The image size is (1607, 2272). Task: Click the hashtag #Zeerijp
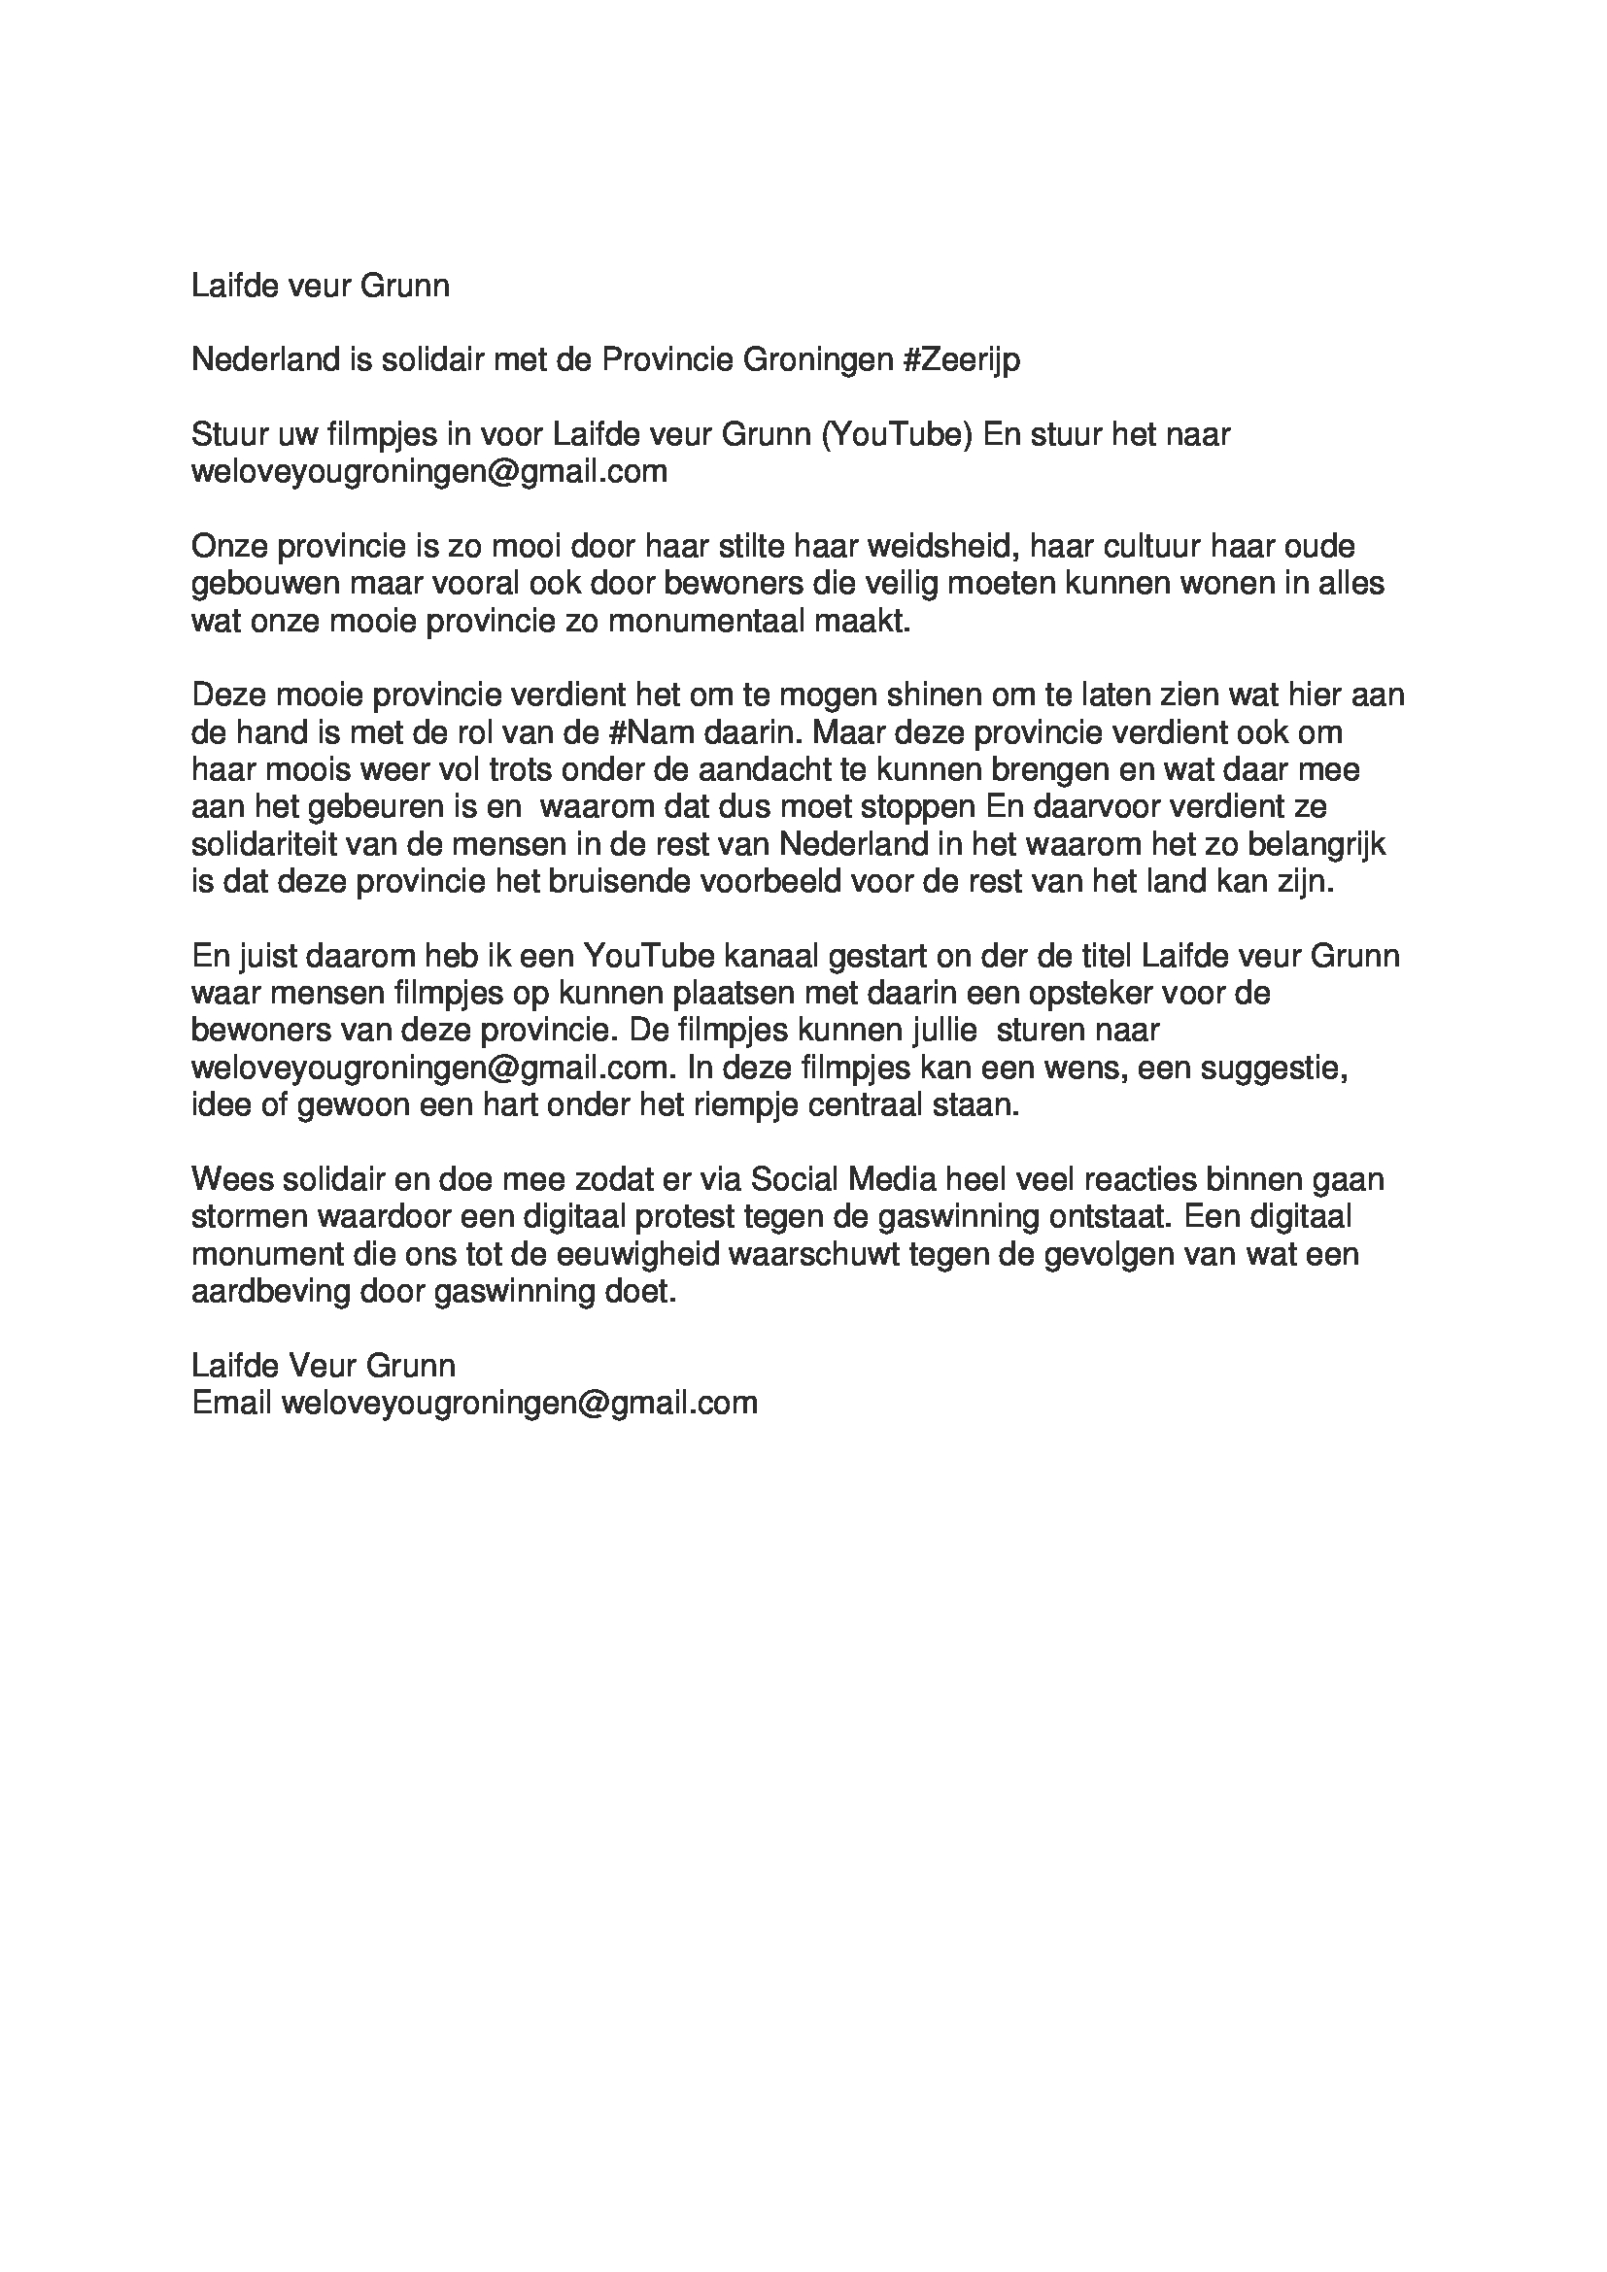[x=961, y=360]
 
